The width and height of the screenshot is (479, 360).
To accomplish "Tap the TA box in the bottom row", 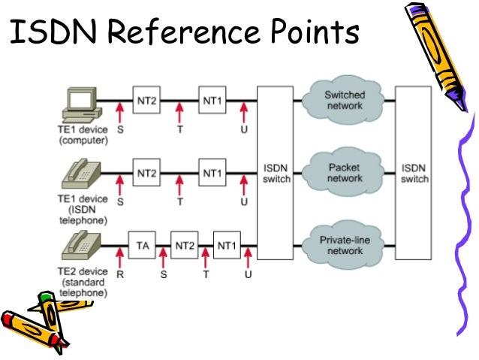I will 142,245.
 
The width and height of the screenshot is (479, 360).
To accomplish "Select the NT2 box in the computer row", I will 147,100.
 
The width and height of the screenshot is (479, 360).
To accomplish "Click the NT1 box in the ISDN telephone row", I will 212,174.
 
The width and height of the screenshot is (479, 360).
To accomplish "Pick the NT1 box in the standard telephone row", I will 226,245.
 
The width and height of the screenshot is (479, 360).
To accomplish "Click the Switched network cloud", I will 345,101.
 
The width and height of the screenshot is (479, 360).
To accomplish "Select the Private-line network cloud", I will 345,245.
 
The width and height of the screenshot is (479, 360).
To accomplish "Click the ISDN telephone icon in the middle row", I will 82,176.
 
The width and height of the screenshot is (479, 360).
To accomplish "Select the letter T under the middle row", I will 180,202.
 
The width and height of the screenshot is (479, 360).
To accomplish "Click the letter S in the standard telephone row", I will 163,276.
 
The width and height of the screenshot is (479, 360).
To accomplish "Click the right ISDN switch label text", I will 414,174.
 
